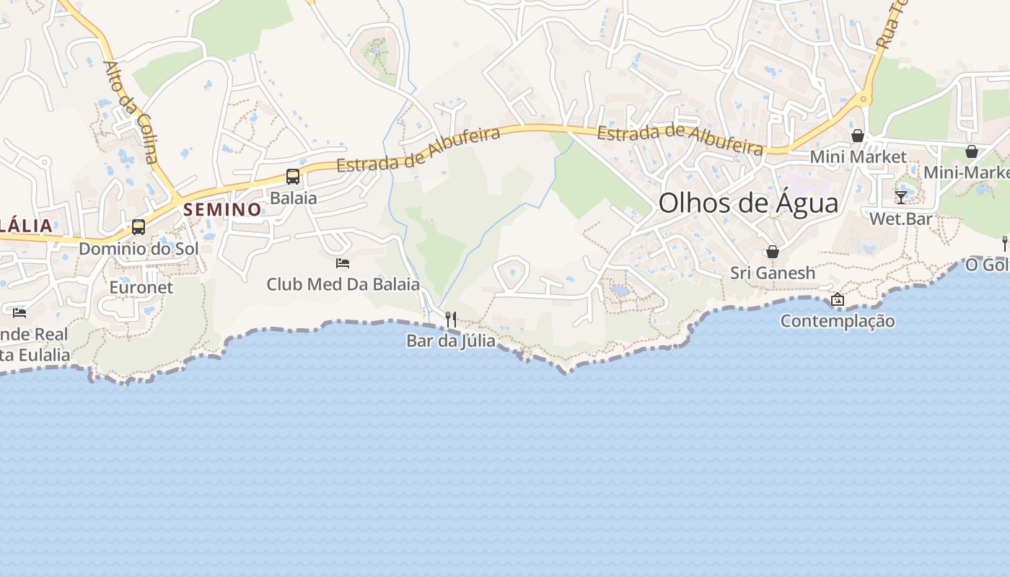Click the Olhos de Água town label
[748, 203]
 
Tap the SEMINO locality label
[222, 210]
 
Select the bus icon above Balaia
[293, 177]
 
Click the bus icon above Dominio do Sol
[139, 227]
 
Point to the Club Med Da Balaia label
[343, 284]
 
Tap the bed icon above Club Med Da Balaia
[343, 263]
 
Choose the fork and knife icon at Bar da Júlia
[451, 319]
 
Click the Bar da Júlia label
[451, 340]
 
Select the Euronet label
[141, 287]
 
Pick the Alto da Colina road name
[130, 112]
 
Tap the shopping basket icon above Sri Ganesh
[773, 252]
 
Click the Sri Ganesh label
[773, 273]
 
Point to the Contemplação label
[838, 321]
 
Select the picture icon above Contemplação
[838, 299]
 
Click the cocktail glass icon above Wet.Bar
[901, 197]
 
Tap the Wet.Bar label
[901, 219]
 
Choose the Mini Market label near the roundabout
[858, 157]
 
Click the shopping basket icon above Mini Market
[858, 136]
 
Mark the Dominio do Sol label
[139, 249]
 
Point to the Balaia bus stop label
[293, 198]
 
